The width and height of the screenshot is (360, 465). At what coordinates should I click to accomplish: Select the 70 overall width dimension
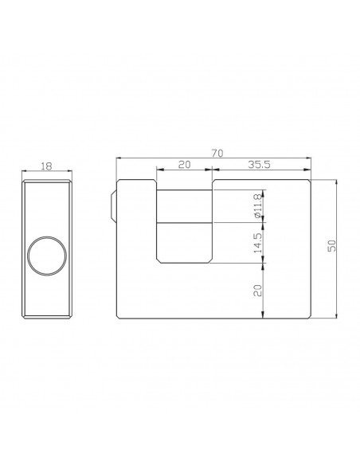(215, 150)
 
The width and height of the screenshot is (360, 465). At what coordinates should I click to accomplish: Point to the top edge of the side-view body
(48, 180)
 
